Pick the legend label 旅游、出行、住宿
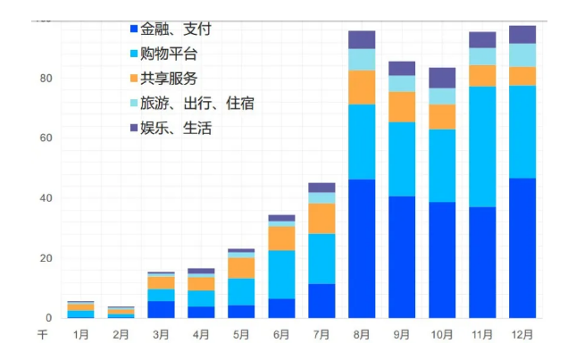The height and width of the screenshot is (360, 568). [196, 103]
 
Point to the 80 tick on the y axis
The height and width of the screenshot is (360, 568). [46, 79]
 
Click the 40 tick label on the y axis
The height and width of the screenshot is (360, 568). [46, 198]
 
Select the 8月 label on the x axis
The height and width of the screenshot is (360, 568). [362, 335]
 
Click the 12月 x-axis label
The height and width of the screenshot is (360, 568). [522, 335]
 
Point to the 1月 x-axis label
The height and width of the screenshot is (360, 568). [80, 335]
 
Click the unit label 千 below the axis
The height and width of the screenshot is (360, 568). [42, 335]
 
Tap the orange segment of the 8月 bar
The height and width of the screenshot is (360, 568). [362, 88]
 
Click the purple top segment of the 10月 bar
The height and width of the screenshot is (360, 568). [442, 78]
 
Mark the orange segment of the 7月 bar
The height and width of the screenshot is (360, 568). [322, 218]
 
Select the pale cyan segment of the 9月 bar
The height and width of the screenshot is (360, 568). [402, 83]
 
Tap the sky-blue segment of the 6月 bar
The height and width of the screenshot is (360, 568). [281, 274]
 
